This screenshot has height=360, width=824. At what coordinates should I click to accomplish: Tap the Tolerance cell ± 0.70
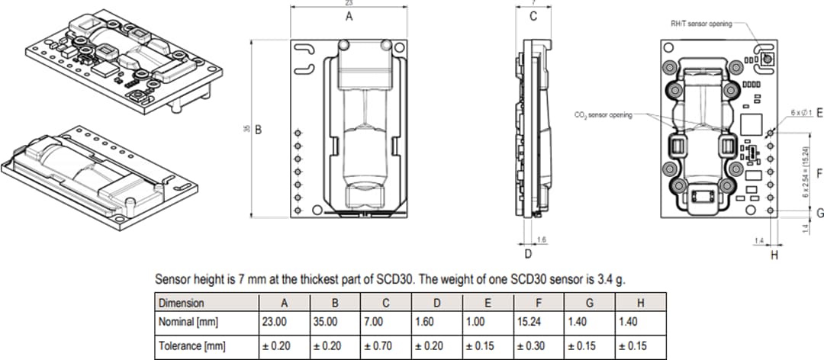pos(379,346)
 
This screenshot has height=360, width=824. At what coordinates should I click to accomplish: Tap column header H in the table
pos(640,303)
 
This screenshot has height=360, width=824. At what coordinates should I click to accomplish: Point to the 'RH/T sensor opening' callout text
pos(700,24)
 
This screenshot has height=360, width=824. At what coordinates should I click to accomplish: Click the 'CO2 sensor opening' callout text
pos(603,114)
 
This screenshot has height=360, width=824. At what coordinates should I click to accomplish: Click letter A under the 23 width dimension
pos(349,16)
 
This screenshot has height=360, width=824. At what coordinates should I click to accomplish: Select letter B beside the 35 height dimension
pos(259,130)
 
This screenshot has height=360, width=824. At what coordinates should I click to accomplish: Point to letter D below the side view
pos(526,253)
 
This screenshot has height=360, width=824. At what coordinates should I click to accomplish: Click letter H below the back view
pos(774,255)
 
